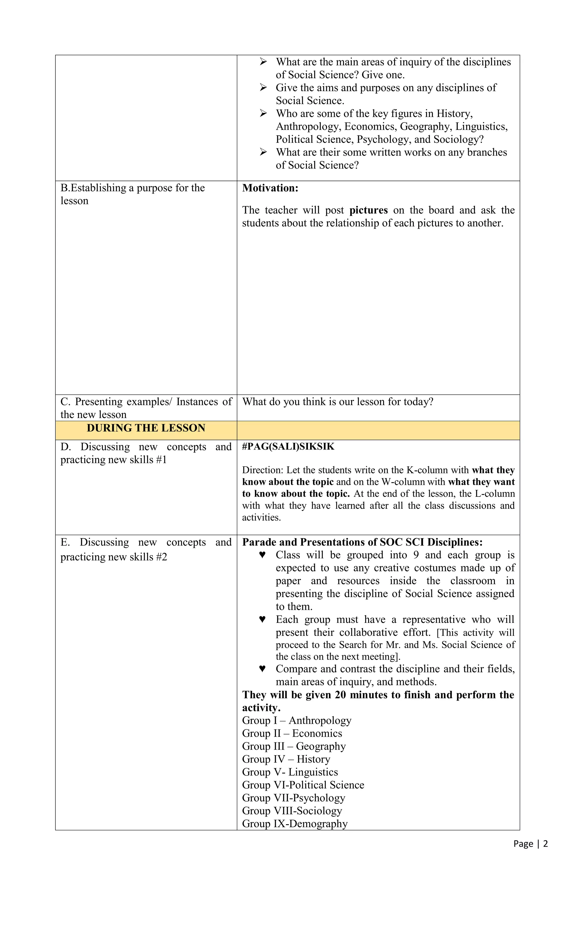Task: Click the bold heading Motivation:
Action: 270,188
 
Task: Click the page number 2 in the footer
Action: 545,843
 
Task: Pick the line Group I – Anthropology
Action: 297,720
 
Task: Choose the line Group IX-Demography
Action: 295,823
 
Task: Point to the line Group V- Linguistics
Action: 290,772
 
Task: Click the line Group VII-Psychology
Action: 293,798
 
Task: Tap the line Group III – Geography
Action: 294,746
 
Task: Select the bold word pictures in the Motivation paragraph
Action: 368,210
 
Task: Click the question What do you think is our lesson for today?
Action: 337,401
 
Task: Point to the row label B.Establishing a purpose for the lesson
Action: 133,194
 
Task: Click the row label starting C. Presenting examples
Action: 146,408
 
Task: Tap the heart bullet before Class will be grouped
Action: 262,555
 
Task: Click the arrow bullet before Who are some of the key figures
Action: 263,113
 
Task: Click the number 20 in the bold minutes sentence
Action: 340,695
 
